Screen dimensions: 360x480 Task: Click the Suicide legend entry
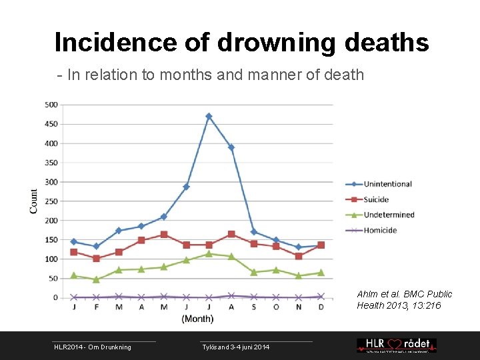tap(376, 199)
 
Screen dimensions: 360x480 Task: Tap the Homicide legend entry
tap(380, 230)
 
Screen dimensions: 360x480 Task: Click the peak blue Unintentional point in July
tap(209, 116)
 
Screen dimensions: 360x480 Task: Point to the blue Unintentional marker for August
tap(231, 147)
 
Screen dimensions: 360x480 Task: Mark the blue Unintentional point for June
tap(186, 187)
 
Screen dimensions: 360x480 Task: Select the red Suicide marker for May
tap(163, 235)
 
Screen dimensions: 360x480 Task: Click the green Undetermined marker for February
tap(96, 279)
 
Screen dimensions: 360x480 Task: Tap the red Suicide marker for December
tap(321, 245)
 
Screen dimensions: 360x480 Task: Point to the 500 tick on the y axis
tap(51, 105)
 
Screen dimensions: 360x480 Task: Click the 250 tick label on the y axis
tap(51, 201)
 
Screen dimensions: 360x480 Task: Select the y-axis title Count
tap(34, 201)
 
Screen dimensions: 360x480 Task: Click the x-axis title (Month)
tap(197, 319)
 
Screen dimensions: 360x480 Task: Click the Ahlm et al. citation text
tap(404, 299)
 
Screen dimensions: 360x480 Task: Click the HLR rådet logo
tap(396, 345)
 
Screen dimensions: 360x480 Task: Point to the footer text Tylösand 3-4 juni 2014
tap(236, 347)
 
